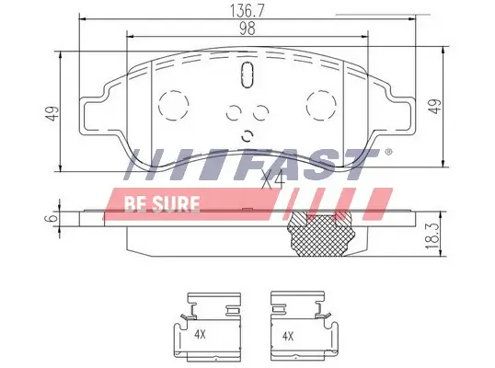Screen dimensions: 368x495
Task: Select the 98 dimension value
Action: tap(246, 28)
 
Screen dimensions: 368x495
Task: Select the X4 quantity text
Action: tap(271, 181)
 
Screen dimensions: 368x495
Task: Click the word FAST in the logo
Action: tap(313, 166)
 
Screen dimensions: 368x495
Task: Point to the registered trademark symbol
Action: tap(387, 152)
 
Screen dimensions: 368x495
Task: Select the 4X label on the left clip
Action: tap(200, 334)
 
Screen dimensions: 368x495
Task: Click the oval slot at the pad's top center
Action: tap(246, 77)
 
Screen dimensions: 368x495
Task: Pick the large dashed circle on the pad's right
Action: tap(320, 103)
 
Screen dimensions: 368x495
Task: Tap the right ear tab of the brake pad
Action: tap(398, 115)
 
